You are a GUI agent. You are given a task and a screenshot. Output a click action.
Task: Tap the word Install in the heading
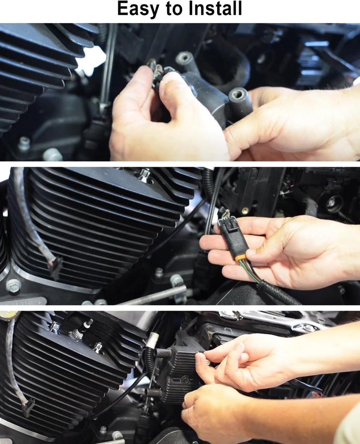click(x=215, y=8)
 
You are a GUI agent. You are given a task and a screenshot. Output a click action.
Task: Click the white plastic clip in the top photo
click(x=92, y=61)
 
